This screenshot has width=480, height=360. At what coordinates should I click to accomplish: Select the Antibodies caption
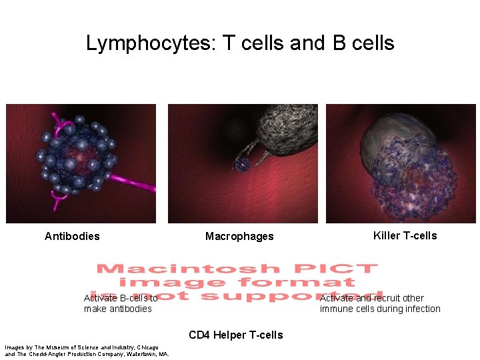72,236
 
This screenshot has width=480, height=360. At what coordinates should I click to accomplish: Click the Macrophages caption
239,237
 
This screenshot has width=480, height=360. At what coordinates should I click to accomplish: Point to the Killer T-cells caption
405,235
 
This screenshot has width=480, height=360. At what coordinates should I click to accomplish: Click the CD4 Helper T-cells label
235,335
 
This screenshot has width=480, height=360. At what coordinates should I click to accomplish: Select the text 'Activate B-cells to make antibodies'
121,303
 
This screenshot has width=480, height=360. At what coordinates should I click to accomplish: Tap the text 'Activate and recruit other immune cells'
380,303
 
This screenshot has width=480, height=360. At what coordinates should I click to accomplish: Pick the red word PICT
341,269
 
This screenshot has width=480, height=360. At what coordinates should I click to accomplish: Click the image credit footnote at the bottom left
87,351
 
